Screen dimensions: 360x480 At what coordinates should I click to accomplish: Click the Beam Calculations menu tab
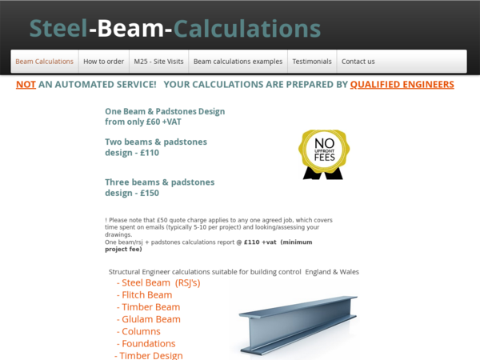click(44, 62)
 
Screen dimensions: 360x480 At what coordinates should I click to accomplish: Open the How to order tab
click(104, 62)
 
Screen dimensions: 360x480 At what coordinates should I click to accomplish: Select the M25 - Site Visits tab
click(158, 62)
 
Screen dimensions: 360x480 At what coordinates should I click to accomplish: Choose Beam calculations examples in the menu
click(238, 62)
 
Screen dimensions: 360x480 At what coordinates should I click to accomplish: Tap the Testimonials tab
click(311, 62)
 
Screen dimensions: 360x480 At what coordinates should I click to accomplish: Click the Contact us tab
click(358, 62)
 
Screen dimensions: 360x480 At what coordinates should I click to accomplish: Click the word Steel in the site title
click(58, 28)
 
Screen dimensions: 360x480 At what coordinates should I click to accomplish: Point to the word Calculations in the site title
click(247, 28)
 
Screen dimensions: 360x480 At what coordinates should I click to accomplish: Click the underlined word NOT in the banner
click(26, 84)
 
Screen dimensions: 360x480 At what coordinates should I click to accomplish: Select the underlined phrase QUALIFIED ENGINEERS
click(402, 84)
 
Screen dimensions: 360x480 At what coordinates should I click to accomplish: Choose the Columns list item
click(141, 331)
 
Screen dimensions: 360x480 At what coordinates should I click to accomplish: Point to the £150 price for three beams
click(149, 193)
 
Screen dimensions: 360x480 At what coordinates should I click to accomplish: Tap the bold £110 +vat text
click(260, 242)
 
